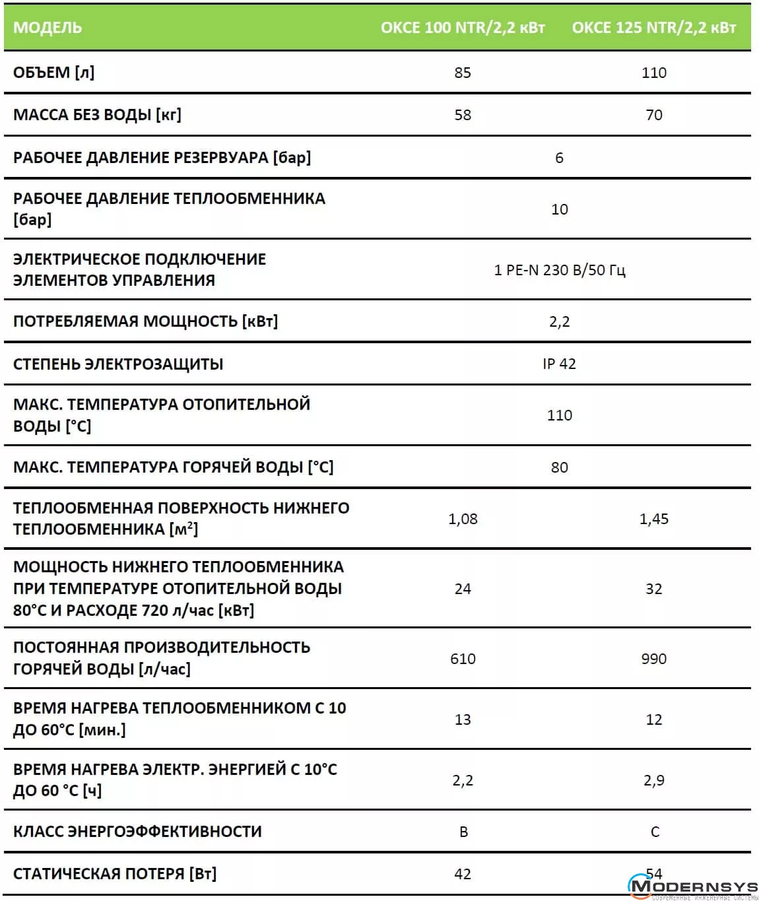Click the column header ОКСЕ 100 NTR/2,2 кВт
click(x=463, y=28)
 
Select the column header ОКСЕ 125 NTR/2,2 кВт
click(x=653, y=28)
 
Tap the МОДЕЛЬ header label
click(x=48, y=28)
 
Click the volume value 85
click(x=463, y=73)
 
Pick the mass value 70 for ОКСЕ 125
click(x=653, y=115)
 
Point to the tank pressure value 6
click(x=559, y=158)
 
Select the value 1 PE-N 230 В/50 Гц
click(x=559, y=270)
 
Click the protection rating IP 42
click(x=559, y=364)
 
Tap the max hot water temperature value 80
click(x=559, y=467)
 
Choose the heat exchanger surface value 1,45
click(x=653, y=519)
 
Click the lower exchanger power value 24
click(x=463, y=589)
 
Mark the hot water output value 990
click(x=653, y=659)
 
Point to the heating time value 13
click(x=463, y=719)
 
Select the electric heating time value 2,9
click(x=653, y=780)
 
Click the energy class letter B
click(x=463, y=832)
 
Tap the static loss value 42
click(x=463, y=874)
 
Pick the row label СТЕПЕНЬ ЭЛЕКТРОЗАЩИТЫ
click(x=118, y=364)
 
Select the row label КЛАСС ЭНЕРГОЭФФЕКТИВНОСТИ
click(x=137, y=832)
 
